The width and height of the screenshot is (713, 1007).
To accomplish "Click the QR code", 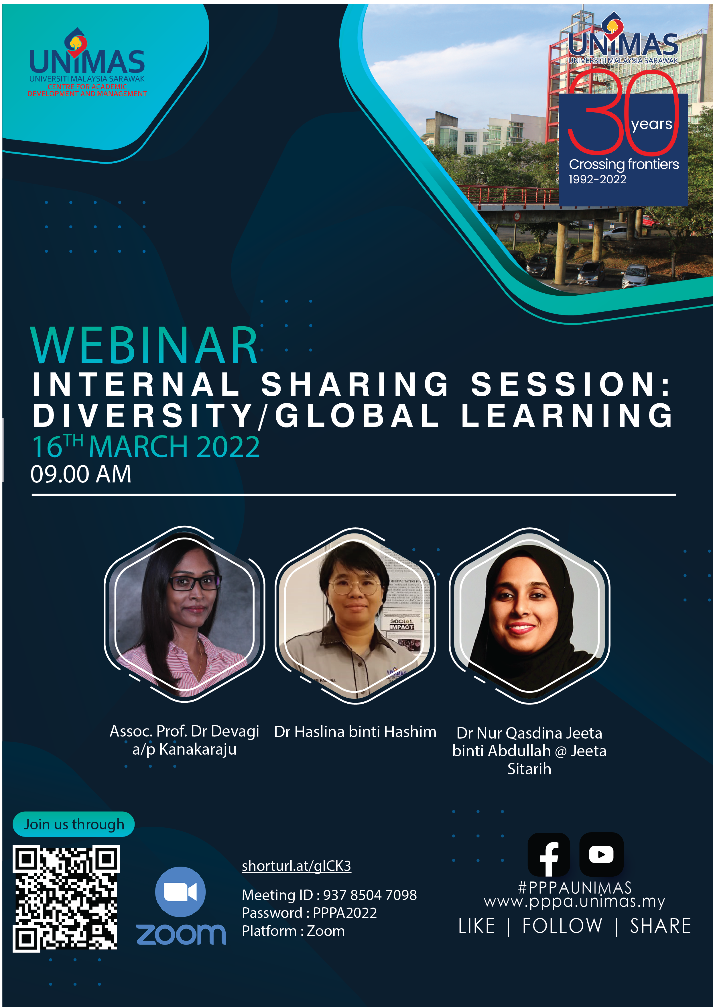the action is pos(66,898).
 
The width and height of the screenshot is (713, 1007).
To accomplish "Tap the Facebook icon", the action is pos(549,854).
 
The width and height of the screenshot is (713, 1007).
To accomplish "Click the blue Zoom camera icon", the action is pos(180,892).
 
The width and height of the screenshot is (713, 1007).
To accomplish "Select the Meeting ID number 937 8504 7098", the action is pos(370,895).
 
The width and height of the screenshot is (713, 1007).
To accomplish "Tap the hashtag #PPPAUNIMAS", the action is pos(575,888).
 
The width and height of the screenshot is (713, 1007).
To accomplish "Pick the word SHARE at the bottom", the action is pos(661,926).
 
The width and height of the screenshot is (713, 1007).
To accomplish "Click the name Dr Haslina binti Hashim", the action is pos(355,732).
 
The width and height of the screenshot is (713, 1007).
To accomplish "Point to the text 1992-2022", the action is pos(598,179).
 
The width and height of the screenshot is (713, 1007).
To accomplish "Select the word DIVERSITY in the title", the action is pos(143,415).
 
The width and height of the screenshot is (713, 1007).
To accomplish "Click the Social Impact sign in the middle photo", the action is pos(401,624).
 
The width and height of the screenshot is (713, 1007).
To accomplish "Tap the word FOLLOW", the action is pos(562,926).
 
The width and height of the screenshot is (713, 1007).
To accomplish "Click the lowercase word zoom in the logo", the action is pos(181,934).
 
